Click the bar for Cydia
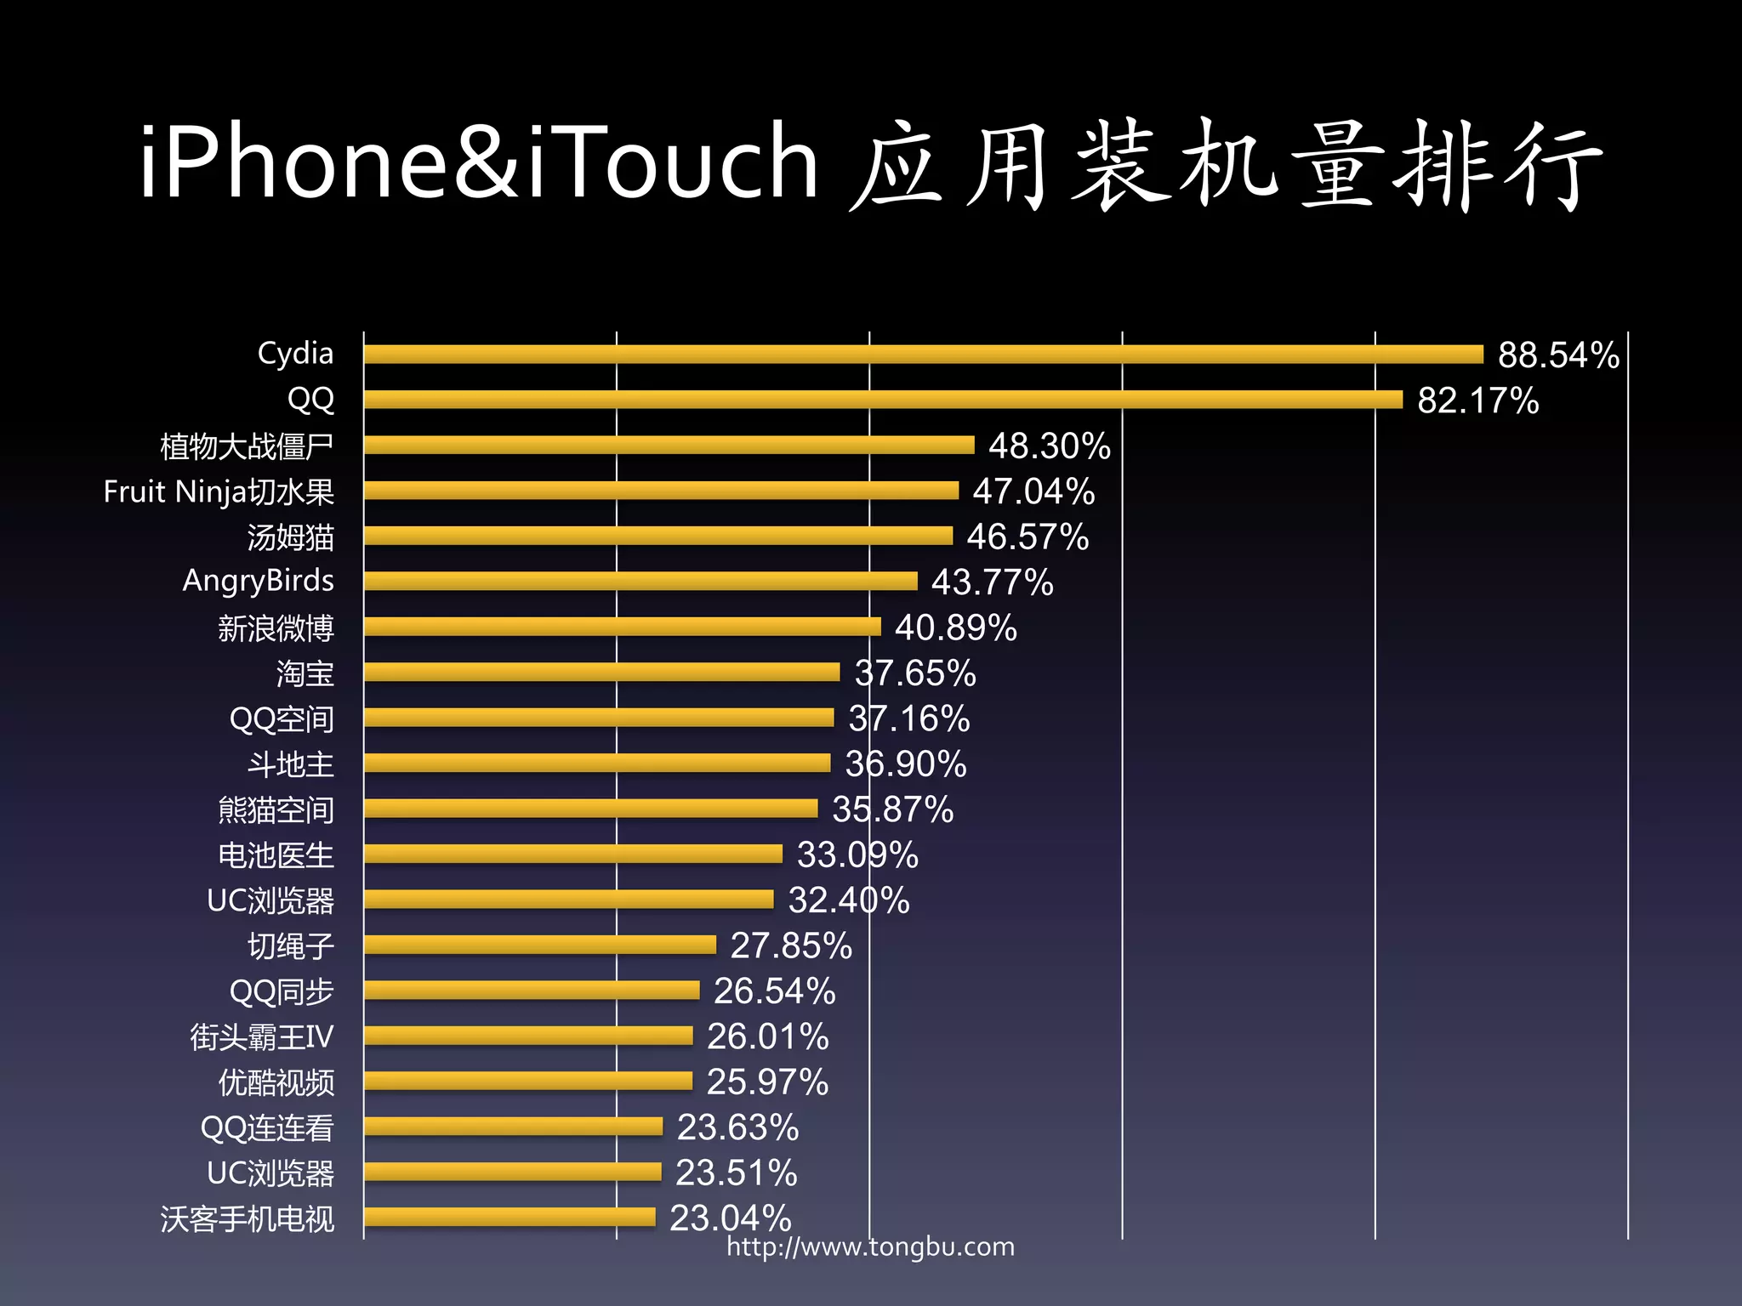coord(923,354)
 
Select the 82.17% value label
coord(1477,400)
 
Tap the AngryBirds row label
coord(258,581)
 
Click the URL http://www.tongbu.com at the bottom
coord(870,1246)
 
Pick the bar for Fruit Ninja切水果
coord(661,491)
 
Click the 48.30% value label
coord(1049,446)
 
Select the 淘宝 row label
coord(305,673)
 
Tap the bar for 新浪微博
coord(622,627)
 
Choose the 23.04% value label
coord(730,1218)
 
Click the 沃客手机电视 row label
coord(248,1218)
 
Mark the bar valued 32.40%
coord(568,900)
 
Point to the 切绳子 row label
coord(290,945)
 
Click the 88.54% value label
coord(1558,355)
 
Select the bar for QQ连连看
coord(513,1127)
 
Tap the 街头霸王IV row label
coord(261,1036)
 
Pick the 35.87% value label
coord(892,809)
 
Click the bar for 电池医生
coord(572,854)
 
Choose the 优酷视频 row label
coord(276,1082)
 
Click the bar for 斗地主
coord(596,763)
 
